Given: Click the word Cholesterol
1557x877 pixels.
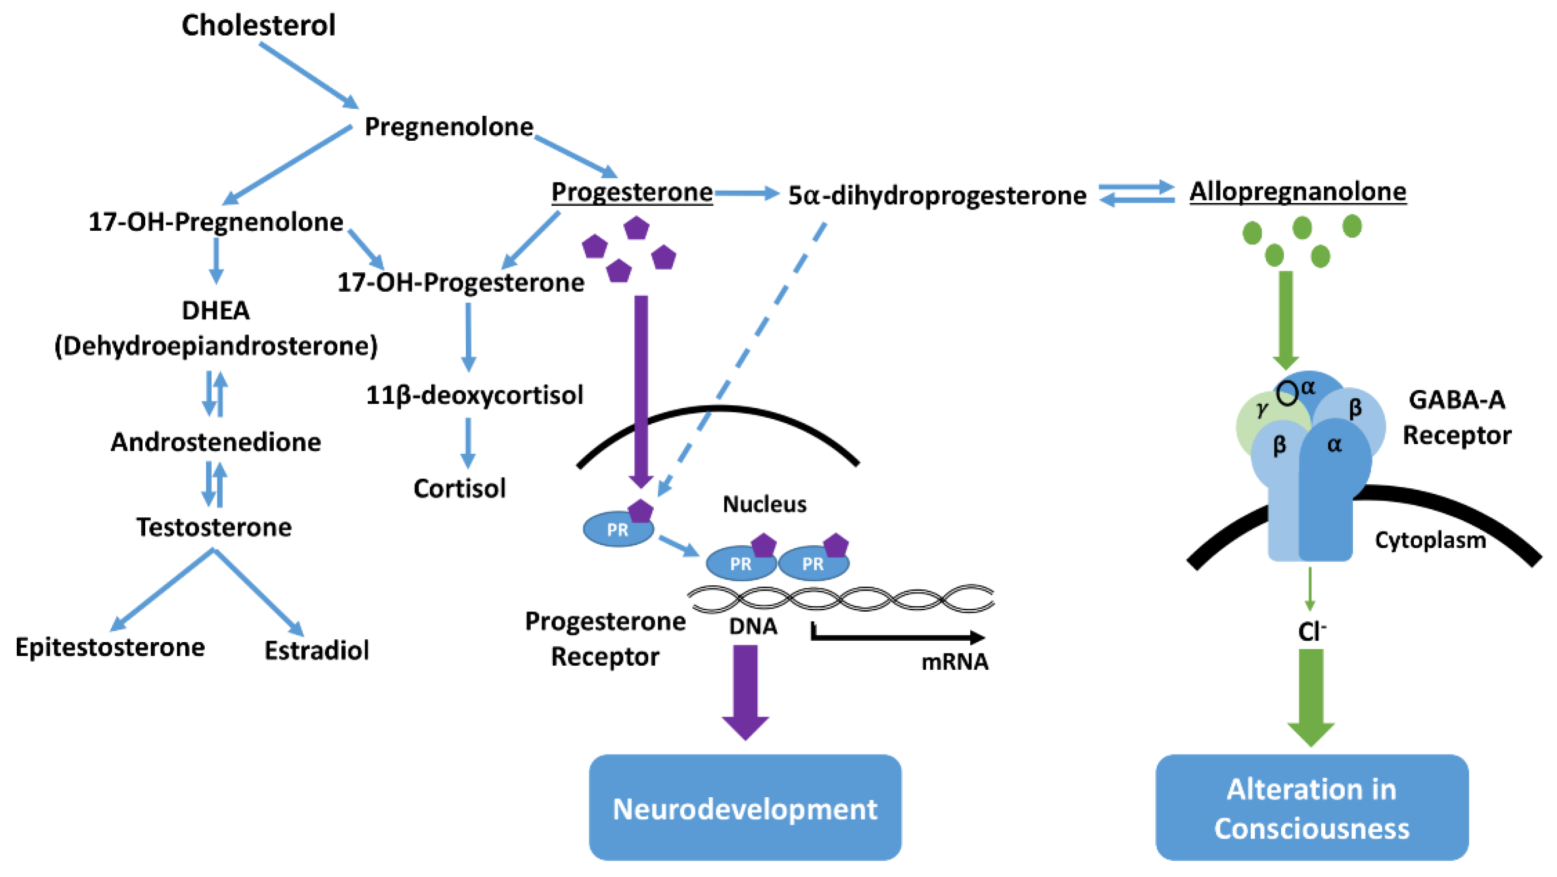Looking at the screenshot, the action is point(259,25).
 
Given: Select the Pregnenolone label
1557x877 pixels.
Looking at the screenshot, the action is point(449,128).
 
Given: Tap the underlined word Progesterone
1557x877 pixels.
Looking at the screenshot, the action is point(631,192).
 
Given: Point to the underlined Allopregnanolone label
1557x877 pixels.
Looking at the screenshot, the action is point(1298,192).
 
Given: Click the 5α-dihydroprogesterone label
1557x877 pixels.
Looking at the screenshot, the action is point(937,196).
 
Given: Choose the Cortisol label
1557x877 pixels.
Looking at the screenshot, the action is point(459,488).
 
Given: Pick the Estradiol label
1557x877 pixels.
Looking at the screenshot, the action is point(316,650).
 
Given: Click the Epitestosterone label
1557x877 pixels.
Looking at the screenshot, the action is point(110,647).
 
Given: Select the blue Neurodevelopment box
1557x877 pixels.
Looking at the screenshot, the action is point(745,807).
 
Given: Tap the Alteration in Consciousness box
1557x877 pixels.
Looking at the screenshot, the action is point(1312,807).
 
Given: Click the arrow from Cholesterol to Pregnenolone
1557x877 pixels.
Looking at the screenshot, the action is point(309,76).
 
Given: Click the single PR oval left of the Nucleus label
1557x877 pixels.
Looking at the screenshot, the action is point(618,529).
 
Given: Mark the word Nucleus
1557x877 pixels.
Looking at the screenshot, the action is point(765,504).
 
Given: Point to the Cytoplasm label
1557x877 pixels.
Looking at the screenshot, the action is point(1430,540).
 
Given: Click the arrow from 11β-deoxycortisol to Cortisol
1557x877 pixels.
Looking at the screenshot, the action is point(468,443).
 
